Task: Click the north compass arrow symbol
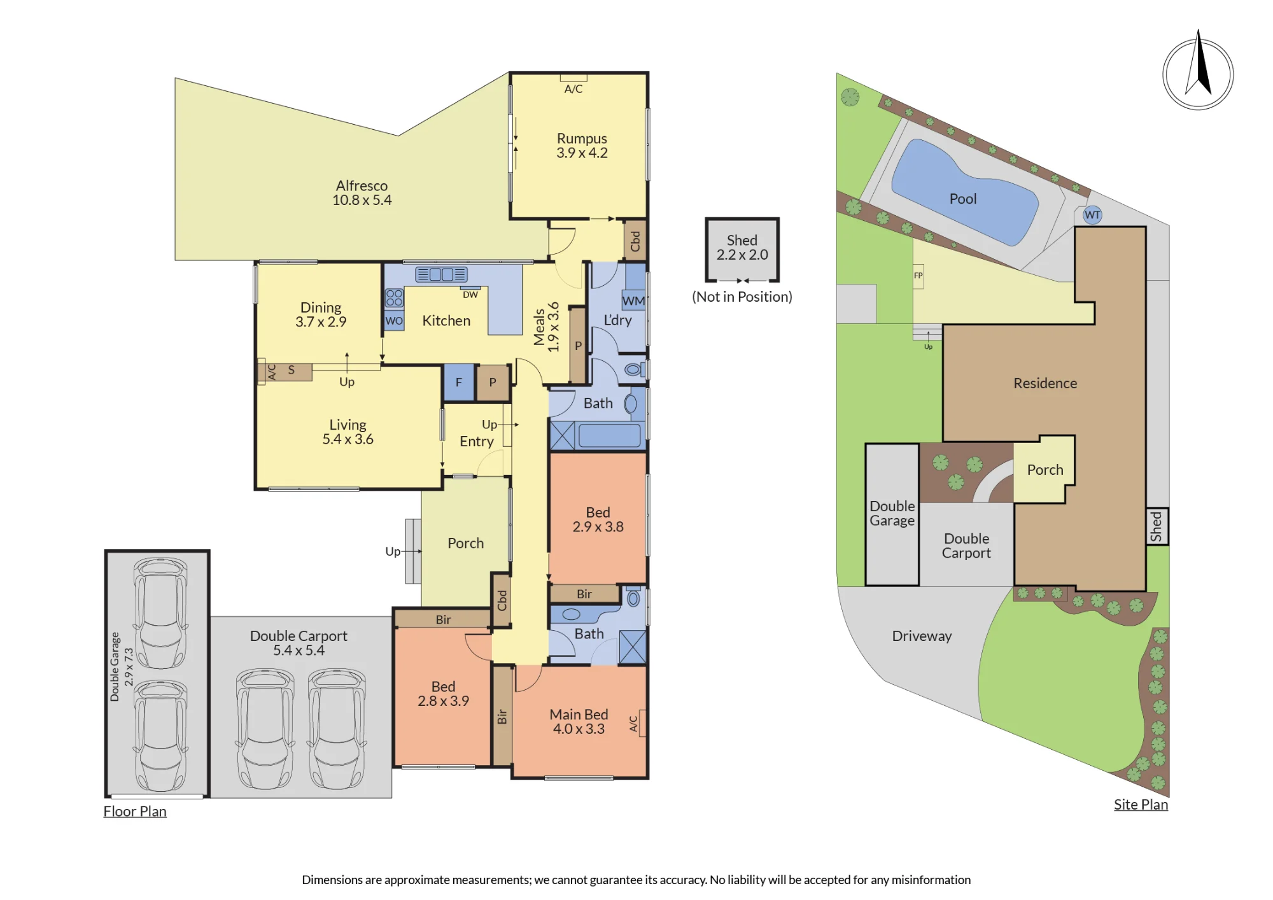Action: [1199, 70]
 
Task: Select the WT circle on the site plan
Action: [1092, 214]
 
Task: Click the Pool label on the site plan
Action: [962, 199]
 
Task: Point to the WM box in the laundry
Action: [633, 300]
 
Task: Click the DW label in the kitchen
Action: [470, 295]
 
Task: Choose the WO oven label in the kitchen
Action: [394, 321]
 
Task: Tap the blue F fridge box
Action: [458, 383]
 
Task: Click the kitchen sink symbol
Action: [441, 274]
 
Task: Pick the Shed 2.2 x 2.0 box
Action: [742, 249]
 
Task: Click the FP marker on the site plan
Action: [918, 276]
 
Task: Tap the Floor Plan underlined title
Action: [135, 812]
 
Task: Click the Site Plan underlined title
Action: [1141, 805]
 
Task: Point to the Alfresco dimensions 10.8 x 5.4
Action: [362, 200]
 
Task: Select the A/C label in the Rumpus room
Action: [573, 89]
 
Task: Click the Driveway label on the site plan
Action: [922, 636]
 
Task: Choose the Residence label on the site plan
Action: [1045, 383]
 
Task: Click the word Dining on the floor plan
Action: [321, 307]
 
